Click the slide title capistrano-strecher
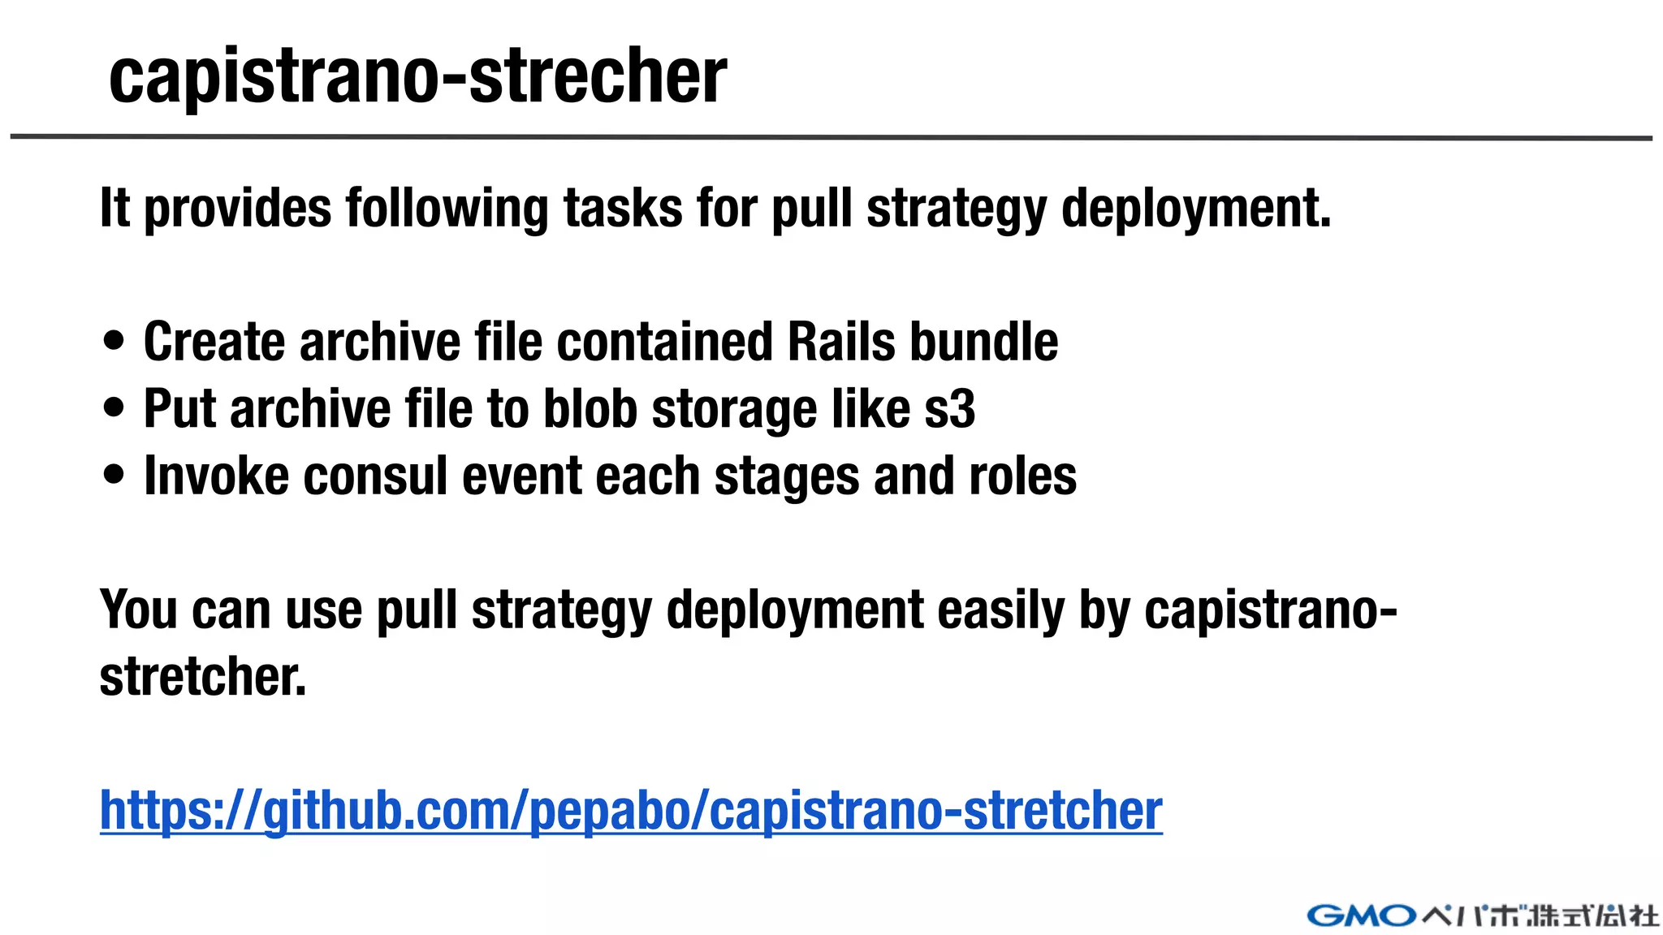pyautogui.click(x=417, y=76)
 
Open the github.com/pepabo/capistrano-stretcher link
pyautogui.click(x=631, y=810)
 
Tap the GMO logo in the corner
pyautogui.click(x=1362, y=916)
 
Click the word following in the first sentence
pyautogui.click(x=447, y=209)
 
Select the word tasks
pyautogui.click(x=623, y=209)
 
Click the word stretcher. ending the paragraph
pyautogui.click(x=203, y=676)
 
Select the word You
pyautogui.click(x=138, y=610)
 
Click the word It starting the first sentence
pyautogui.click(x=114, y=208)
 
